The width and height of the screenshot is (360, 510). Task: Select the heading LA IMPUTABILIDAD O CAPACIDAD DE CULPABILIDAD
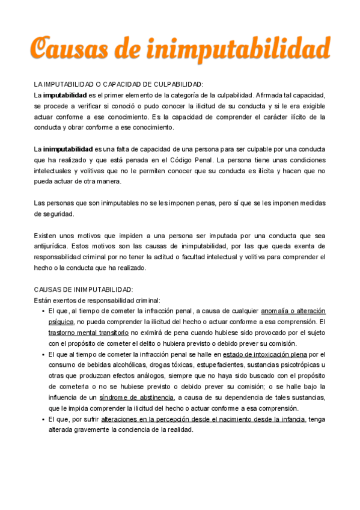pos(118,84)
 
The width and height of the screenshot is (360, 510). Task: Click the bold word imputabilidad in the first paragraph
pos(65,95)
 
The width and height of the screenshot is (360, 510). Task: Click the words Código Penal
pos(190,159)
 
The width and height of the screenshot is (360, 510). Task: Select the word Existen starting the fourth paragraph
pos(47,236)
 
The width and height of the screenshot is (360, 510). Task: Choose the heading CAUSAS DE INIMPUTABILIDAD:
pos(83,289)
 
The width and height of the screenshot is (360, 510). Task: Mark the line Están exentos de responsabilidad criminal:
pos(96,300)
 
